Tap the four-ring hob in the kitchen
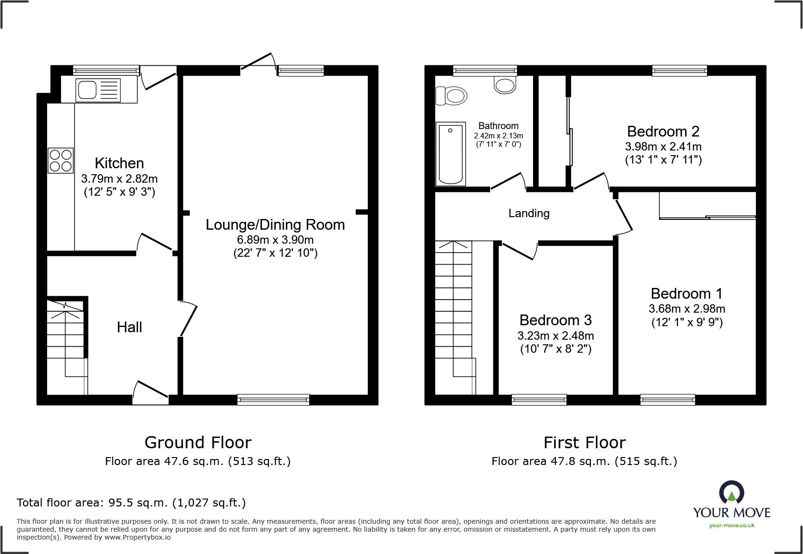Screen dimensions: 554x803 point(61,160)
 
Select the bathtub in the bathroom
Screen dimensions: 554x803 point(450,154)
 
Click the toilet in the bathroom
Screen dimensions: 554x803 point(451,96)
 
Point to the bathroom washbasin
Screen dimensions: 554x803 point(505,85)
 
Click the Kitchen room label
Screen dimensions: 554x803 point(119,163)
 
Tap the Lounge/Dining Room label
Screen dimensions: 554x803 point(275,225)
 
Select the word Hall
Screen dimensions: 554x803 point(129,327)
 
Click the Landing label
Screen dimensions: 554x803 point(529,213)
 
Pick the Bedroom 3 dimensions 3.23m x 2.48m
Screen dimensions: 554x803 point(555,335)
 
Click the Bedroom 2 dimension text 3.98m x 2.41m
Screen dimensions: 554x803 point(663,146)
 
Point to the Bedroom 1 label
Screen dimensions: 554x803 point(686,294)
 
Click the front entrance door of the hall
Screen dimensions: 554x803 point(151,393)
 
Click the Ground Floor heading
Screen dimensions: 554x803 point(198,442)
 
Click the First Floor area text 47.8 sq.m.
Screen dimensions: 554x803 point(584,461)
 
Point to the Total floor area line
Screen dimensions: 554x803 point(131,503)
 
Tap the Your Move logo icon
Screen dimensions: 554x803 point(731,492)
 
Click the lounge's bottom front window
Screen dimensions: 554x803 point(273,399)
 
